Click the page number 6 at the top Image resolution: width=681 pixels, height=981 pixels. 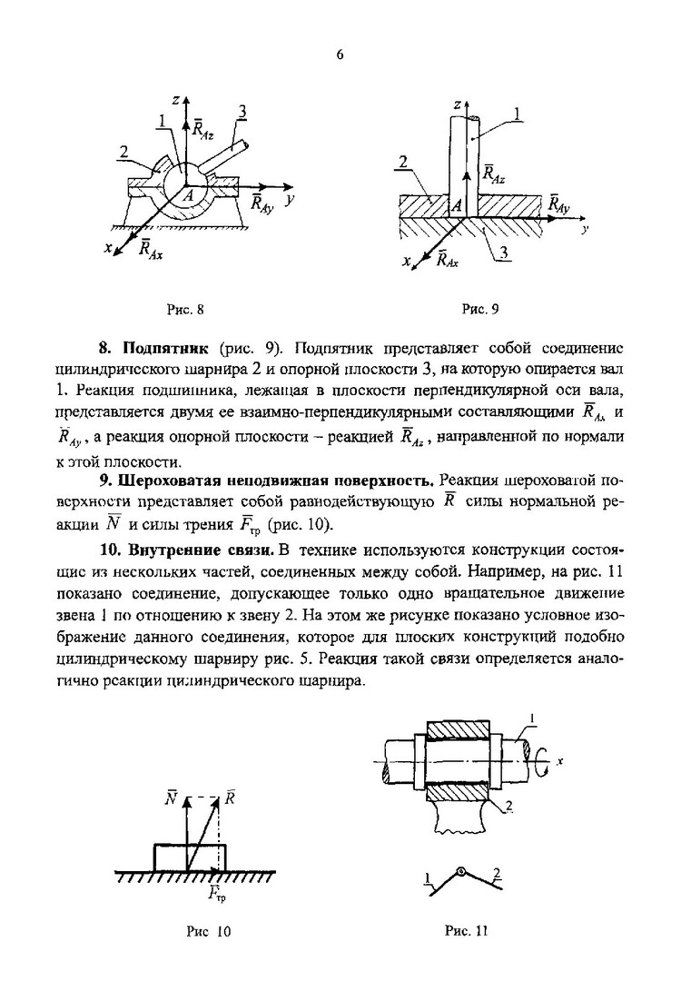[340, 54]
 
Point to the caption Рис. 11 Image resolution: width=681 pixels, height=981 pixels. [467, 931]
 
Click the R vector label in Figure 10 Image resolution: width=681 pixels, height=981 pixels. [231, 799]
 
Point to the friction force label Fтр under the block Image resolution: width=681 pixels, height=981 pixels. [216, 894]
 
